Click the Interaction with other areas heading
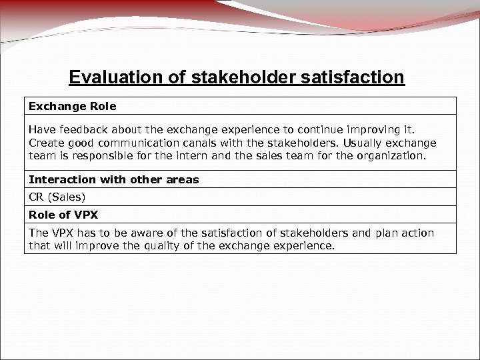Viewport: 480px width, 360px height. point(113,179)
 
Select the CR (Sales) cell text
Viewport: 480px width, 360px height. point(57,197)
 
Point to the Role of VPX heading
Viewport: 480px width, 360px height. point(62,215)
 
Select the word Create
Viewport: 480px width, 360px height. point(47,143)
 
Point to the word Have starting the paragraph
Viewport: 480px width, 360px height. point(41,131)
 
